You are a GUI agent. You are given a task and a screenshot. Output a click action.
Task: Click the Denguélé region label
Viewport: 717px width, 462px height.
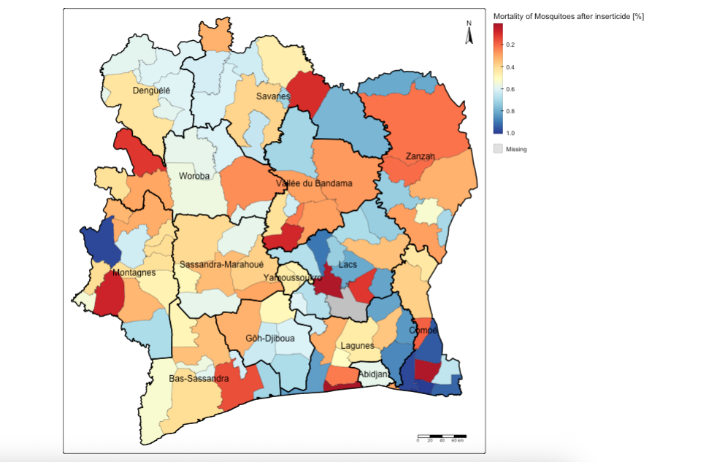(151, 91)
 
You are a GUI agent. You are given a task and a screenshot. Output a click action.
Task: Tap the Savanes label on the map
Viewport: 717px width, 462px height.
(273, 96)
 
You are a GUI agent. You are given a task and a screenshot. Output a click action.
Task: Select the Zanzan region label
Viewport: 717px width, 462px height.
(420, 156)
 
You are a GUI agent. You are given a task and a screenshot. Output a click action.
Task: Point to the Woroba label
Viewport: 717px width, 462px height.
(194, 177)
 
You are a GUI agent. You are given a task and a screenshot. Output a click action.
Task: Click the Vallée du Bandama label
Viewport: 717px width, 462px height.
(314, 183)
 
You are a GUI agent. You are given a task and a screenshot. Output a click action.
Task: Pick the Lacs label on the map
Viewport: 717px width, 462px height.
(348, 264)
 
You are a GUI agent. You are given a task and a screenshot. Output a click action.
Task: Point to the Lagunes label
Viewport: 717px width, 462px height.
(358, 346)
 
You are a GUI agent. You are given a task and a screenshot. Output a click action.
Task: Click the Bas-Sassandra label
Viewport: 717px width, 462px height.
(199, 379)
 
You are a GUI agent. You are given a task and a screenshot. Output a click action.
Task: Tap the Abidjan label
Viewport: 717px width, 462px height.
(373, 374)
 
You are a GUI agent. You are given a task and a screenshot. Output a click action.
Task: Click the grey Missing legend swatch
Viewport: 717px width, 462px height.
(498, 148)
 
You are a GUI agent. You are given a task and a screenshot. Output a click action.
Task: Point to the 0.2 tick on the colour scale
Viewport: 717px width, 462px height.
(510, 45)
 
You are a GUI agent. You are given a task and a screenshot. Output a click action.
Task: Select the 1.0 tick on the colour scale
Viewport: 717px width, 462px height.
(510, 133)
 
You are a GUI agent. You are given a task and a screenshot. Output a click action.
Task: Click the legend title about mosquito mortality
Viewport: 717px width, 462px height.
(568, 16)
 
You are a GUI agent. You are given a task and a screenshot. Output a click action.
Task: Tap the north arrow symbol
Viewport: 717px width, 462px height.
(469, 34)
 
